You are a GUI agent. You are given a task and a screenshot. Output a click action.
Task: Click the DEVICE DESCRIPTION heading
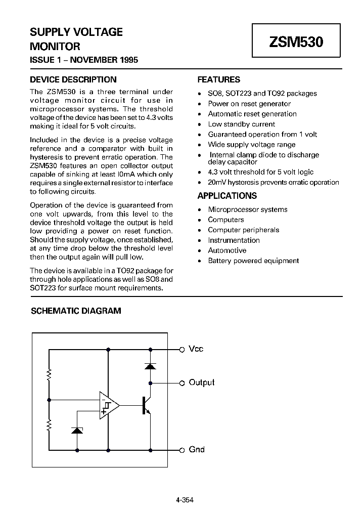pos(73,79)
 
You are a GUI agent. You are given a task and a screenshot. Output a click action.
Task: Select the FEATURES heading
pos(218,79)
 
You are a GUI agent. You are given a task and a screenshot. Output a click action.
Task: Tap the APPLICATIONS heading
pos(227,196)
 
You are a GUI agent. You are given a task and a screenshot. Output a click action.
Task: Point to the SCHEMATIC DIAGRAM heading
pos(76,311)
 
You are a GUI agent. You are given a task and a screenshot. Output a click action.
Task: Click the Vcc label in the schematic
pos(196,349)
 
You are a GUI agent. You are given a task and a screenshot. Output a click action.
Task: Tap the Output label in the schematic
pos(201,382)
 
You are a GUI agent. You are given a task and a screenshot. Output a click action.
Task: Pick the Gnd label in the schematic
pos(196,449)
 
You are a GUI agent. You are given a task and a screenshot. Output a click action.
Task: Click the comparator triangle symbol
pos(108,405)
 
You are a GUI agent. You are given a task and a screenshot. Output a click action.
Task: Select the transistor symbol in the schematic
pos(146,405)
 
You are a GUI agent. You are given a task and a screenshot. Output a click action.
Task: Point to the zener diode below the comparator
pos(77,430)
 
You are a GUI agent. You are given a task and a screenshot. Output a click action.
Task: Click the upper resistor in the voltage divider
pos(49,375)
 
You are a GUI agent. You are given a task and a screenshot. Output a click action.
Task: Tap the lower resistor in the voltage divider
pos(49,425)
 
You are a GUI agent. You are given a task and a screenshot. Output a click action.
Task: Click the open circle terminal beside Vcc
pos(182,349)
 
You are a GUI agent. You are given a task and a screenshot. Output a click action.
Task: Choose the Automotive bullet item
pos(227,250)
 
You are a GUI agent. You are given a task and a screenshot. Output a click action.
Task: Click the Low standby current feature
pos(241,124)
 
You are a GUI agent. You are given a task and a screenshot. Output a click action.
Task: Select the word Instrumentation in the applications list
pos(234,240)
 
